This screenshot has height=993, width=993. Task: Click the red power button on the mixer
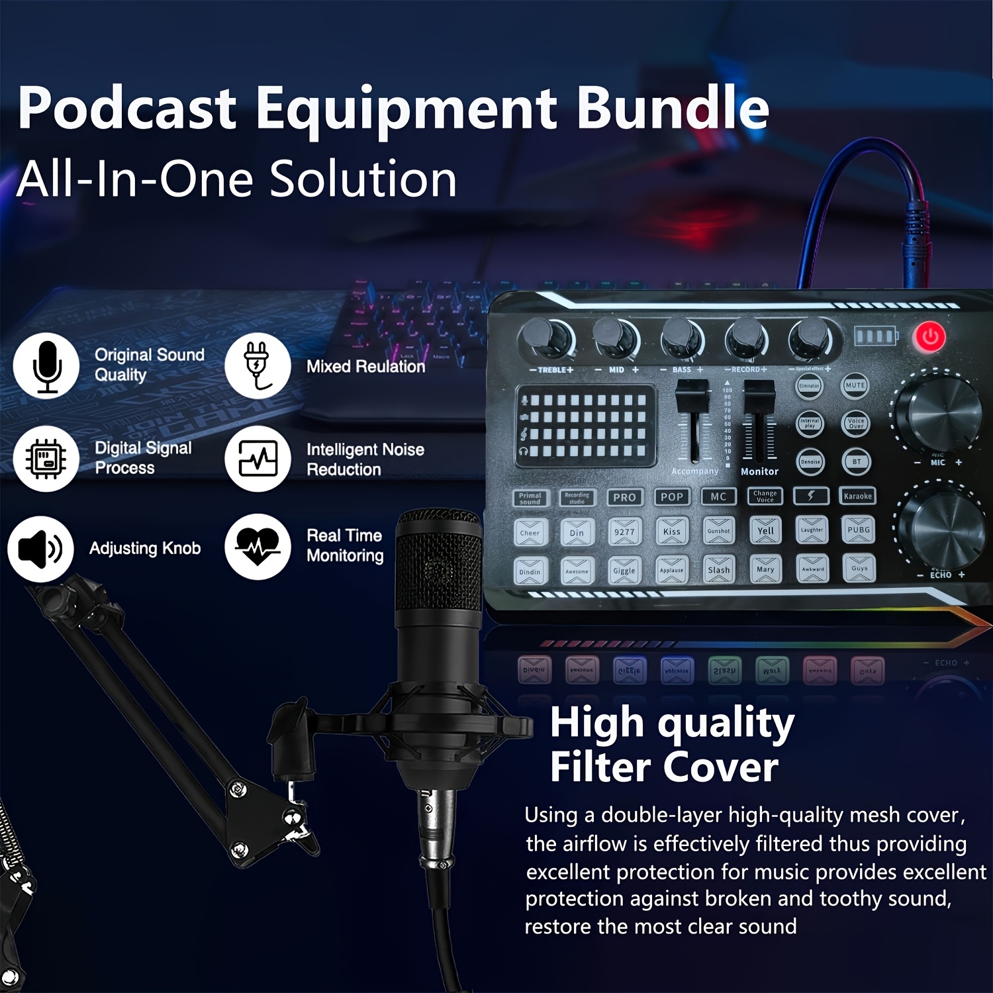pyautogui.click(x=929, y=337)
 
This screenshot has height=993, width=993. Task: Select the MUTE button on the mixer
pyautogui.click(x=855, y=385)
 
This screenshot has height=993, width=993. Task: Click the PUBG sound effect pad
pyautogui.click(x=859, y=530)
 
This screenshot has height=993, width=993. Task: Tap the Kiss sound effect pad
pyautogui.click(x=671, y=531)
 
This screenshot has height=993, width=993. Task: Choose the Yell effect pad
pyautogui.click(x=766, y=530)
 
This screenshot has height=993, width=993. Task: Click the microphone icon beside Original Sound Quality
pyautogui.click(x=46, y=366)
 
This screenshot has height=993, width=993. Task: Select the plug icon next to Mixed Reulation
pyautogui.click(x=258, y=366)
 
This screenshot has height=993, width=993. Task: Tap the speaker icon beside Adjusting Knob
pyautogui.click(x=40, y=549)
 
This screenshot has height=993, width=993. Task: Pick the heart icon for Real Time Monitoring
pyautogui.click(x=258, y=547)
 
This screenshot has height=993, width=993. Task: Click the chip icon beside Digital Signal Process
pyautogui.click(x=46, y=458)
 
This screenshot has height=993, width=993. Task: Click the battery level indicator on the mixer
pyautogui.click(x=875, y=336)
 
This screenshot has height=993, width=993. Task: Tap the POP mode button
pyautogui.click(x=671, y=497)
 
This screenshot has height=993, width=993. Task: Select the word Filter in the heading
pyautogui.click(x=600, y=768)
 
